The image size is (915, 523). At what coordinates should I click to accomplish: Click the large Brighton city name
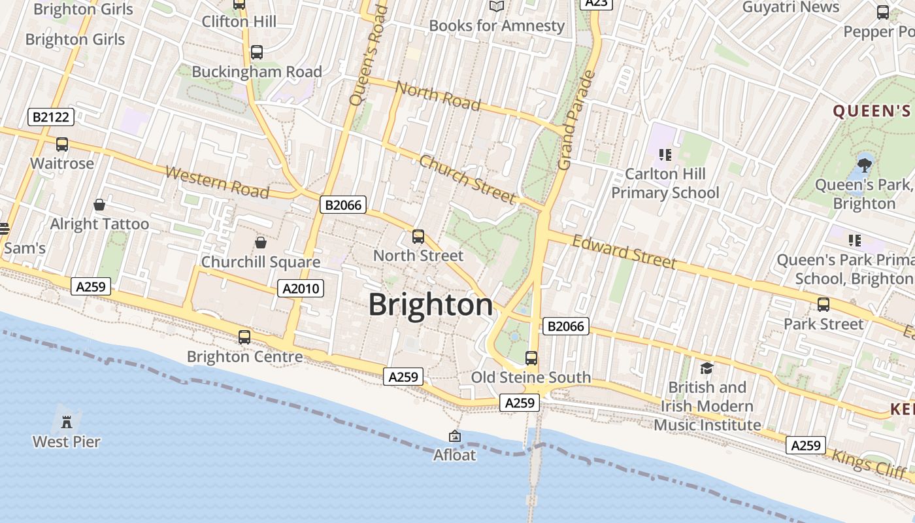coord(431,305)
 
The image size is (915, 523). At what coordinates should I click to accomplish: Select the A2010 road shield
coord(301,288)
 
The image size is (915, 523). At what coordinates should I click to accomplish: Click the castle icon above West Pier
coord(66,422)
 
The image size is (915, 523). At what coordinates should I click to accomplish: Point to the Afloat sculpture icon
coord(455,436)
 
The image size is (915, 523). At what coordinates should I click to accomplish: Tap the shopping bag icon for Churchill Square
coord(261,243)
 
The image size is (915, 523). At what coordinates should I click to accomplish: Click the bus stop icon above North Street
coord(418,236)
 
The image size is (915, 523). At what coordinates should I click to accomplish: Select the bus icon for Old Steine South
coord(531,358)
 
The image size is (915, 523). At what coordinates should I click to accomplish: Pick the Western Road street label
coord(217,182)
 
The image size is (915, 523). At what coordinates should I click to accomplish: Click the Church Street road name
coord(468,179)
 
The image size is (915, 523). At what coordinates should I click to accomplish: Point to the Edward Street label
coord(624,252)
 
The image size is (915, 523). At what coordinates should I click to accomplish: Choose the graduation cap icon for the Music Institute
coord(707,368)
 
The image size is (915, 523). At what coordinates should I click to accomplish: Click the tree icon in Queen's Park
coord(865,164)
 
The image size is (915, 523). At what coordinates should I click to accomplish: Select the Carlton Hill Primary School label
coord(665,183)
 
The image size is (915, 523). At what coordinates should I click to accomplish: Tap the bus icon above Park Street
coord(823,304)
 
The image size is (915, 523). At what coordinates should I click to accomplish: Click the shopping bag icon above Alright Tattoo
coord(99,205)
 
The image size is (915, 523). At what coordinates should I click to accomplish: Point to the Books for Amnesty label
coord(497,26)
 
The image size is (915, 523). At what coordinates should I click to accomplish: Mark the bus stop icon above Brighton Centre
coord(244,337)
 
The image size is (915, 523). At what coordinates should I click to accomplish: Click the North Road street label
coord(438,95)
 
